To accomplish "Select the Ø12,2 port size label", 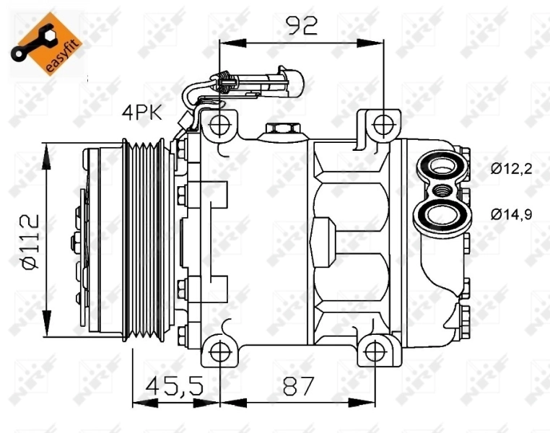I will click(x=512, y=170).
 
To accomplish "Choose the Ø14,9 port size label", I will click(x=512, y=214).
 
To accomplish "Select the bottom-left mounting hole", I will click(x=219, y=351).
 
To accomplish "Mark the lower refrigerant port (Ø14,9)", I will click(x=439, y=214).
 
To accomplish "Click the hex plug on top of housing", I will click(x=279, y=129).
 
